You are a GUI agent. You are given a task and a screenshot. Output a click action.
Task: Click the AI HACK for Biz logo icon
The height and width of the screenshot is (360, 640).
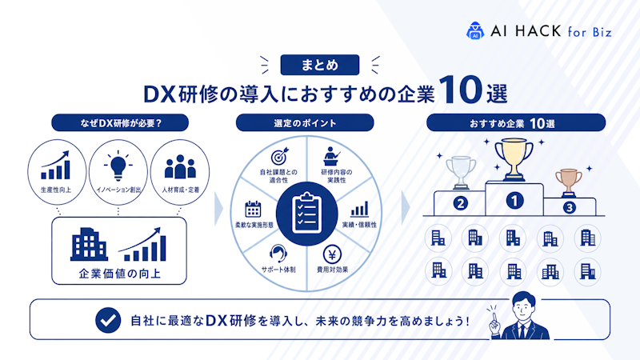click(474, 30)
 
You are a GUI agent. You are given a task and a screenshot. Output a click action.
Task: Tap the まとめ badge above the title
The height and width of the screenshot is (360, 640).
click(319, 65)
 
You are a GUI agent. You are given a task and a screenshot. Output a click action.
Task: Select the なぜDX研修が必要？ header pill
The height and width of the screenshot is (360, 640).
click(120, 123)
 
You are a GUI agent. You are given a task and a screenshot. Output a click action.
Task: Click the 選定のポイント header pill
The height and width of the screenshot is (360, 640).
click(305, 123)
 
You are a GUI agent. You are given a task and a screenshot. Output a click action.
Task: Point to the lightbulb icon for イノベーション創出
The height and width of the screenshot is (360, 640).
click(118, 166)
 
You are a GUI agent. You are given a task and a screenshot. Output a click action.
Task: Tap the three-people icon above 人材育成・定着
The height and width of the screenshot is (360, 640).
click(180, 166)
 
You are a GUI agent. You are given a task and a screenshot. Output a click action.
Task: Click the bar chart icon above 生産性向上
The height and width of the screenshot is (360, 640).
click(55, 166)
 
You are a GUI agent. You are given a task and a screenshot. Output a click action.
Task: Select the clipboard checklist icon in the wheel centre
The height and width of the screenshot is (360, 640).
click(307, 214)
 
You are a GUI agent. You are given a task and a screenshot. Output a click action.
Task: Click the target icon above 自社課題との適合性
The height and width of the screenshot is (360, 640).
click(279, 156)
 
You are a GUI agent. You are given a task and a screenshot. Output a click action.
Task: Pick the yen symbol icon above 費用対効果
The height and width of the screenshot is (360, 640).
click(332, 254)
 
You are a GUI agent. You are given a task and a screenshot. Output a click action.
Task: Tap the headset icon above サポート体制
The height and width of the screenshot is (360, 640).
click(278, 254)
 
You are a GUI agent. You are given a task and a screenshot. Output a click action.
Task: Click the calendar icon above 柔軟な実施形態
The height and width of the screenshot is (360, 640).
click(253, 209)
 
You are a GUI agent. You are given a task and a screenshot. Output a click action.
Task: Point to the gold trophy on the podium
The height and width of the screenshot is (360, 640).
click(514, 159)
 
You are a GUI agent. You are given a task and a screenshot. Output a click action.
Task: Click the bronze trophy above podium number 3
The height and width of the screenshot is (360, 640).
click(569, 182)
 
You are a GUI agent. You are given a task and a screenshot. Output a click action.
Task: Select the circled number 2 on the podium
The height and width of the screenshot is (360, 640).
click(461, 203)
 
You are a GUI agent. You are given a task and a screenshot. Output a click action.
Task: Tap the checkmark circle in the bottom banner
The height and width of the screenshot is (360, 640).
click(108, 321)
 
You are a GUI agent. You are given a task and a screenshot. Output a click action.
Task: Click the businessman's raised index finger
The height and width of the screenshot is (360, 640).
click(494, 317)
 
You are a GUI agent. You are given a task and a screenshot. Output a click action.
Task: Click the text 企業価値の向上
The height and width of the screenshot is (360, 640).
click(119, 274)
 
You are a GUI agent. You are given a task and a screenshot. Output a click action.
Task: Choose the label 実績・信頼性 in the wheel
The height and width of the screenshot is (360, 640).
click(359, 225)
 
